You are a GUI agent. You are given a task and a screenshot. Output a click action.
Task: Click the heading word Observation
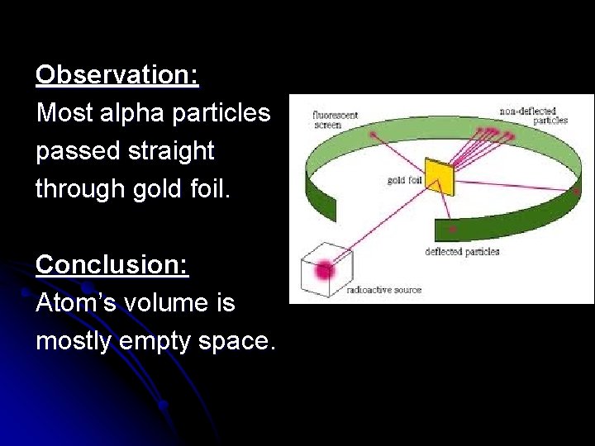tap(117, 76)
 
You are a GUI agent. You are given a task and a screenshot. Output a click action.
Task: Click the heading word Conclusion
tap(112, 265)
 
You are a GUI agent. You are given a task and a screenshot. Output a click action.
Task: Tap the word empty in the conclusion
tap(155, 341)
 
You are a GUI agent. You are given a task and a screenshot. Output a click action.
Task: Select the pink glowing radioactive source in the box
tap(324, 268)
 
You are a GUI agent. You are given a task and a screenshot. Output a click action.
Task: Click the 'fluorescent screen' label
tap(335, 120)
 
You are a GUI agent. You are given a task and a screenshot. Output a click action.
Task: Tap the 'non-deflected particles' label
tap(533, 116)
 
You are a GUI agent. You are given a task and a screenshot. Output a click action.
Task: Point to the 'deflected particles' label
tap(462, 252)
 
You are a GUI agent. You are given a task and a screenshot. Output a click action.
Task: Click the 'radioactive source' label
tap(383, 291)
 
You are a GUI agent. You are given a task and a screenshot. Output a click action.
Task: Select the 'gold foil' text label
tap(405, 180)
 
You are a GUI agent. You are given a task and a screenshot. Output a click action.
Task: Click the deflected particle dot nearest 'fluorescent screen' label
tap(374, 134)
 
